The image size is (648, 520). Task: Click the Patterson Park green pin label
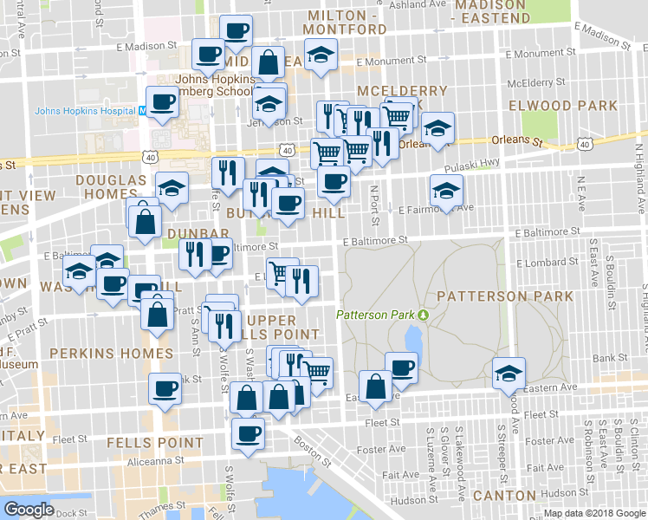377,315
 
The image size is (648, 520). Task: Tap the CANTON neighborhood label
504,495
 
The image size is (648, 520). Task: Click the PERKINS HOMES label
111,354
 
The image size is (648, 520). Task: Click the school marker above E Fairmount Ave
446,190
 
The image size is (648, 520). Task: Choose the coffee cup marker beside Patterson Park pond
400,367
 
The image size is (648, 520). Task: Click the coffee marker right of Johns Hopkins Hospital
162,101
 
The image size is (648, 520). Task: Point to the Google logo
29,510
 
